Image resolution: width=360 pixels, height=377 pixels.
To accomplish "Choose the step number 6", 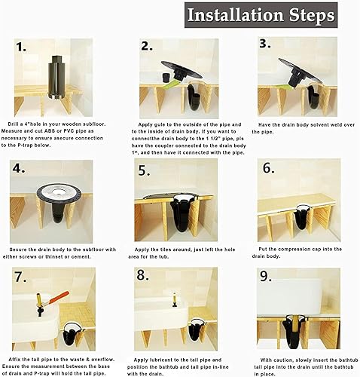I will coord(267,167).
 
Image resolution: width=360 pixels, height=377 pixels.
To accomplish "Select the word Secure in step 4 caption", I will coord(20,249).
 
